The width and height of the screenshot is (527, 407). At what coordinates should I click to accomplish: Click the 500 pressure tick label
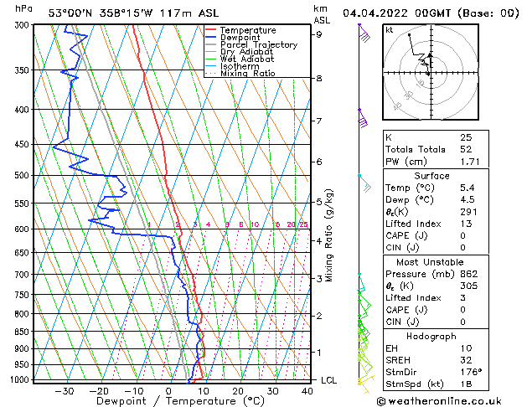23,175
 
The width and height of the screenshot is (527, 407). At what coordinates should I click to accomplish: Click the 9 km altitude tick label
318,34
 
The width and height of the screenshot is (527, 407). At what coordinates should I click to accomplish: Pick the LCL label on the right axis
330,380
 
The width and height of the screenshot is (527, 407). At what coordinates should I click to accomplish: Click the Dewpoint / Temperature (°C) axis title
168,401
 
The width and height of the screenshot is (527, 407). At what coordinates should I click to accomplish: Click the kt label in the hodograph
390,30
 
